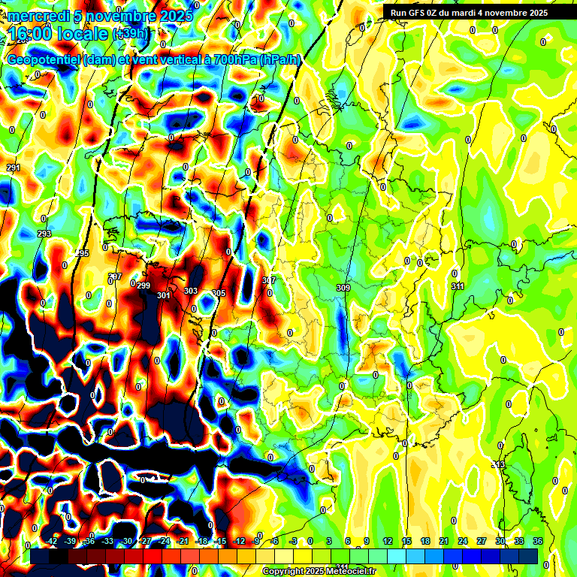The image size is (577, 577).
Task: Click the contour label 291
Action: pyautogui.click(x=13, y=168)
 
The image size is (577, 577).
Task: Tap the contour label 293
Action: pyautogui.click(x=44, y=234)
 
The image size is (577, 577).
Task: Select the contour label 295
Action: pyautogui.click(x=82, y=253)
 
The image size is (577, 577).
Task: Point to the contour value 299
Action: pyautogui.click(x=143, y=285)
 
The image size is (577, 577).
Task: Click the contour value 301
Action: pyautogui.click(x=163, y=295)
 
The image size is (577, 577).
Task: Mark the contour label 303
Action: pyautogui.click(x=191, y=291)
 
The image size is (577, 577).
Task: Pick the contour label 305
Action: pyautogui.click(x=219, y=293)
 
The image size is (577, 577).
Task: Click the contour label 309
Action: pyautogui.click(x=343, y=288)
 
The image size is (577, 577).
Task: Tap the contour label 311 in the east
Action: pyautogui.click(x=458, y=286)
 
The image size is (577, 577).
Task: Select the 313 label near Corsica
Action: pyautogui.click(x=498, y=466)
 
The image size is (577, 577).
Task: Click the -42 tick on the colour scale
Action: pyautogui.click(x=52, y=541)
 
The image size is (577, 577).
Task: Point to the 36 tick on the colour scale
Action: pyautogui.click(x=538, y=541)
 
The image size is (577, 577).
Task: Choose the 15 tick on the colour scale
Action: pyautogui.click(x=406, y=541)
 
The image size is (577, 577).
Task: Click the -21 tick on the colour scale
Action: pyautogui.click(x=183, y=541)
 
